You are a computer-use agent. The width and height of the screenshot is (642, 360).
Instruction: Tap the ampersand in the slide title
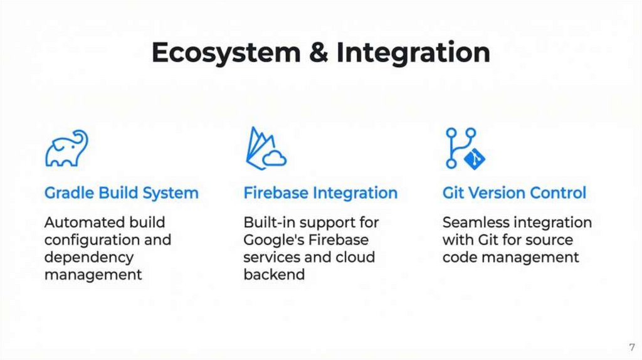coord(318,53)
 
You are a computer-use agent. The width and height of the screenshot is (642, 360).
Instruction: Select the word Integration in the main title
coord(413,53)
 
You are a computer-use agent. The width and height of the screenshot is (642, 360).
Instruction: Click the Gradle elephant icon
coord(66,149)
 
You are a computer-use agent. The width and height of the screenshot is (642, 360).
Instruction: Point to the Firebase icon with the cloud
coord(265,148)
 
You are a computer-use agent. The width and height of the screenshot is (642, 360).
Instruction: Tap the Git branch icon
coord(465,148)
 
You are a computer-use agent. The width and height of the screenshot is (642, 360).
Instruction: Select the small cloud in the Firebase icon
coord(275,159)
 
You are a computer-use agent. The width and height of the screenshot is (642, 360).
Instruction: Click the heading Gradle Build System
coord(121,193)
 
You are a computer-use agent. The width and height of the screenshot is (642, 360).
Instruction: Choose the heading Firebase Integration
coord(320,193)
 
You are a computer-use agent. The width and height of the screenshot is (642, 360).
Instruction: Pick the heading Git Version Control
coord(514,193)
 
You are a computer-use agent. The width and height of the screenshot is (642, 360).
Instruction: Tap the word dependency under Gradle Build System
coord(88,257)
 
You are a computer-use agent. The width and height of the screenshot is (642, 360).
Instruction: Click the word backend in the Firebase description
coord(274,275)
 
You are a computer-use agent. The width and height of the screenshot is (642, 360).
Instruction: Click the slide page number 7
coord(631,347)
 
